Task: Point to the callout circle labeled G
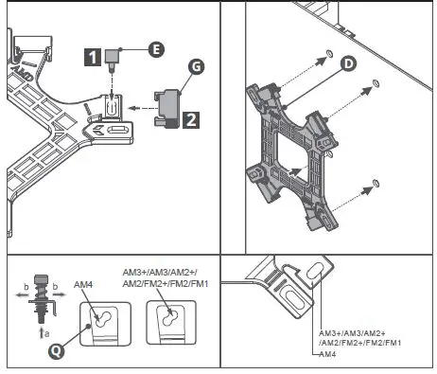tap(195, 67)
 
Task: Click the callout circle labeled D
tap(348, 63)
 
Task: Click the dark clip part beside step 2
tap(167, 105)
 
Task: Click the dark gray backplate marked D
tap(293, 156)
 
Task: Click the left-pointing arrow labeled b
tap(21, 294)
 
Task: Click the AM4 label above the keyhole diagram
tap(83, 284)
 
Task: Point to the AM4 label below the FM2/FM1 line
tap(327, 354)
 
